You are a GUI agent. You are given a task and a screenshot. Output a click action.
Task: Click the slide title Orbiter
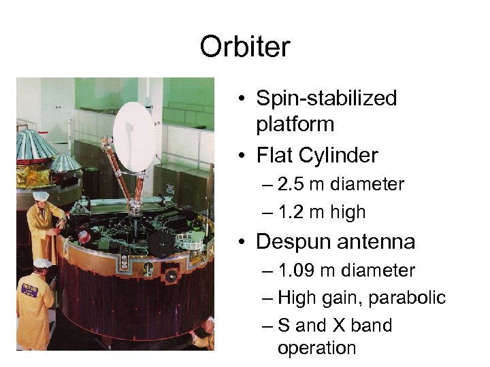[x=245, y=47]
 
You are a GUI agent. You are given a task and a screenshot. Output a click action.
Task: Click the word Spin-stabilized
[x=326, y=99]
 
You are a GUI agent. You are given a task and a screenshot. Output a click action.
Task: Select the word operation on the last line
[x=316, y=348]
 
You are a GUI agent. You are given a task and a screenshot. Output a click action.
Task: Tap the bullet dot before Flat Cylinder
[x=242, y=156]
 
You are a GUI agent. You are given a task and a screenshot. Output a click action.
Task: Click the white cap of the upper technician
[x=41, y=196]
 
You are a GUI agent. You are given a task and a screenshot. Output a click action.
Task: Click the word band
[x=371, y=326]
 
